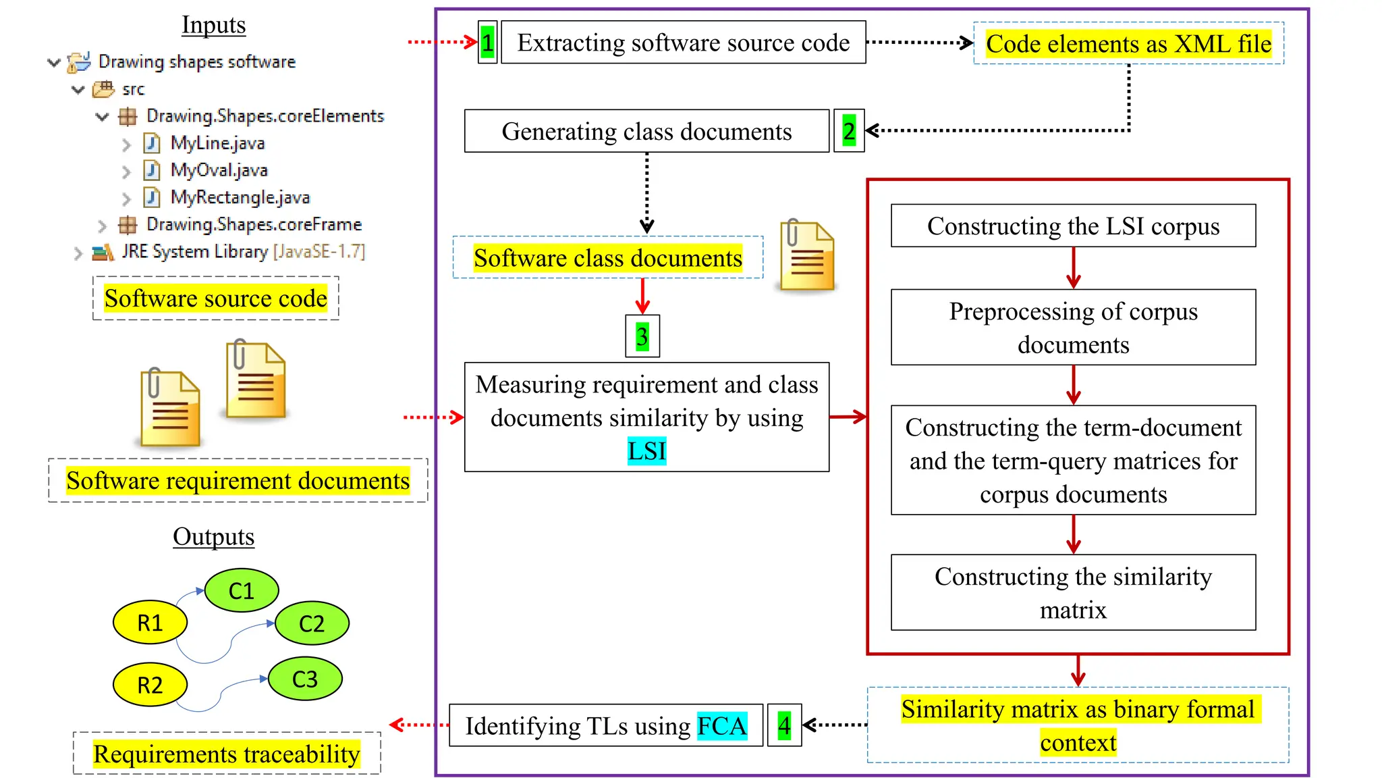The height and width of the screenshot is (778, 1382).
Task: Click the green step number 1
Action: coord(487,43)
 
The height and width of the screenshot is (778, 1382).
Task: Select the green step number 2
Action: coord(848,131)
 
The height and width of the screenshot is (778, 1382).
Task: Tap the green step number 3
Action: coord(642,336)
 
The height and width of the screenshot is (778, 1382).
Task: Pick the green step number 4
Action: coord(783,725)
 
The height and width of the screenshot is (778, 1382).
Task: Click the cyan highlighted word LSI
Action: coord(646,450)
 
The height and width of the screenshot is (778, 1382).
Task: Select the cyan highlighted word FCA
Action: coord(721,726)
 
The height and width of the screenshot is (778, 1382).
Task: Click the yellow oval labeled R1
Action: coord(150,622)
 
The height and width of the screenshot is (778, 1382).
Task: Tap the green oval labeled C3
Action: coord(305,679)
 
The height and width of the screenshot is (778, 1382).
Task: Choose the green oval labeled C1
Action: coord(241,590)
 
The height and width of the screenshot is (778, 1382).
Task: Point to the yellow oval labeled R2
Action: coord(150,685)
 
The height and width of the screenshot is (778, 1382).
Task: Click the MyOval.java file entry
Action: coord(219,170)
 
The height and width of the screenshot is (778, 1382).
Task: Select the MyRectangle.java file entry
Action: coord(240,197)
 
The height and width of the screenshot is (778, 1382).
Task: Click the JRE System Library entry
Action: coord(243,252)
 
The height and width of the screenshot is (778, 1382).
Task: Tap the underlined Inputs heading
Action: coord(213,25)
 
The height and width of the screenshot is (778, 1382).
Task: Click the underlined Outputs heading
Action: coord(213,537)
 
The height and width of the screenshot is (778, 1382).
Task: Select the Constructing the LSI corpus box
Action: coord(1073,226)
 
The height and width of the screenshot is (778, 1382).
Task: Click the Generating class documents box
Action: coord(646,131)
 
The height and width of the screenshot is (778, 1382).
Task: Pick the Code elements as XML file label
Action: coord(1128,44)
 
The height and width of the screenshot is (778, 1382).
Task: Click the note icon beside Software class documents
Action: coord(806,256)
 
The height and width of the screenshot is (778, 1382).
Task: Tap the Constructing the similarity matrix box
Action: coord(1073,592)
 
